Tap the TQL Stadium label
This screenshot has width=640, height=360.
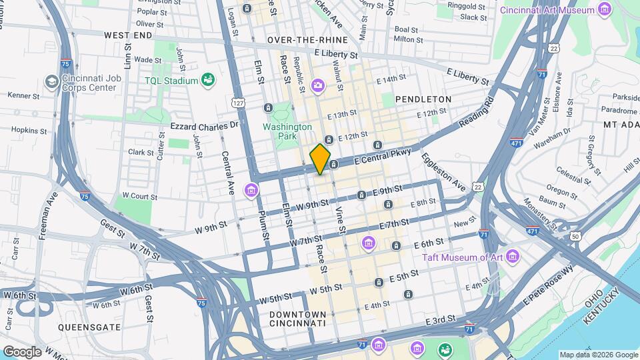pyautogui.click(x=172, y=81)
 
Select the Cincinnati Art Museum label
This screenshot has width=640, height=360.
pyautogui.click(x=557, y=10)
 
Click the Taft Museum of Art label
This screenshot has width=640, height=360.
pyautogui.click(x=471, y=257)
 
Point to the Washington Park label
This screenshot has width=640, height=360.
pyautogui.click(x=287, y=131)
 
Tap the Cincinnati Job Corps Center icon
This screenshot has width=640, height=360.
pyautogui.click(x=51, y=81)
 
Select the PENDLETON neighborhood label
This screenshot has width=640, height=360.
pyautogui.click(x=423, y=99)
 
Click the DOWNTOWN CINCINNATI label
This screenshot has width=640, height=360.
pyautogui.click(x=297, y=319)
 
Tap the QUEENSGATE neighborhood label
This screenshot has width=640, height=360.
pyautogui.click(x=89, y=327)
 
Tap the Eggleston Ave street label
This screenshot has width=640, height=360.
pyautogui.click(x=443, y=173)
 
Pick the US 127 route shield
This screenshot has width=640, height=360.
pyautogui.click(x=237, y=103)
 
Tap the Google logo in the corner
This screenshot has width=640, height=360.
pyautogui.click(x=21, y=351)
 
